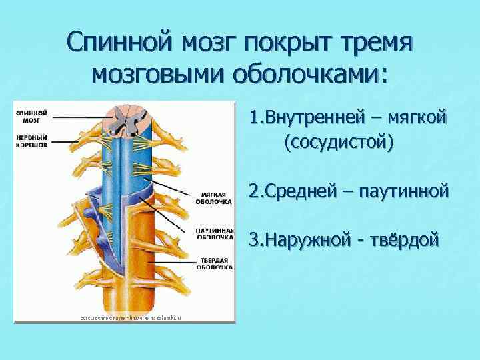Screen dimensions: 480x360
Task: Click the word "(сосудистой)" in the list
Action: (x=338, y=142)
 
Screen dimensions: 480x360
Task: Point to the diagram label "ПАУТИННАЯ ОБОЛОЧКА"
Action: (x=214, y=233)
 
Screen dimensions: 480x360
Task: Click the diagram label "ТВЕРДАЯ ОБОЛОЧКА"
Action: (x=214, y=263)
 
